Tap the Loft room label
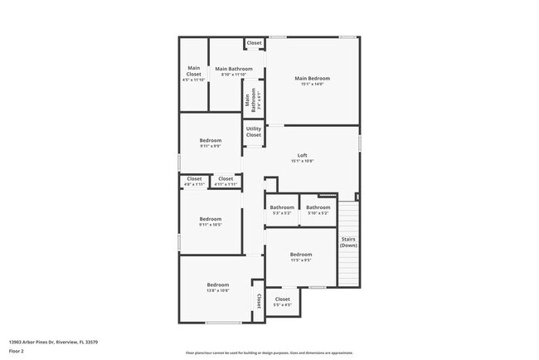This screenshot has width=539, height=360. pyautogui.click(x=302, y=158)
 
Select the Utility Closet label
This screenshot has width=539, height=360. pyautogui.click(x=254, y=132)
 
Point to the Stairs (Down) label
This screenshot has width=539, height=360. pyautogui.click(x=348, y=242)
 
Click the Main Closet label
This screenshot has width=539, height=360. pyautogui.click(x=193, y=73)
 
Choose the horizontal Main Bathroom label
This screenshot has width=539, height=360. pyautogui.click(x=233, y=71)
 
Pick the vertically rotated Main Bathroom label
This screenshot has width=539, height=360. pyautogui.click(x=248, y=100)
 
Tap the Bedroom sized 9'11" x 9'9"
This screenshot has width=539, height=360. pyautogui.click(x=210, y=143)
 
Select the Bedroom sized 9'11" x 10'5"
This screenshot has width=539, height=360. pyautogui.click(x=210, y=221)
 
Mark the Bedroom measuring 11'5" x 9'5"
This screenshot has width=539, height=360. pyautogui.click(x=300, y=256)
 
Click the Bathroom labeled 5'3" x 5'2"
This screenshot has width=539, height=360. pyautogui.click(x=282, y=210)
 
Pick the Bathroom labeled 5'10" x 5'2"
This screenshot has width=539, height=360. pyautogui.click(x=318, y=210)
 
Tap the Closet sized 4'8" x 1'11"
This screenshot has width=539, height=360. pyautogui.click(x=194, y=181)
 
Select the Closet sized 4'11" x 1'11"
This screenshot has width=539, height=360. pyautogui.click(x=225, y=181)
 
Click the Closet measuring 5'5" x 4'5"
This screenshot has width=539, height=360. pyautogui.click(x=282, y=301)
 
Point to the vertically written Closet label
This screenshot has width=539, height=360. pyautogui.click(x=258, y=300)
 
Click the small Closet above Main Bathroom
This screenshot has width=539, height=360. pyautogui.click(x=254, y=43)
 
